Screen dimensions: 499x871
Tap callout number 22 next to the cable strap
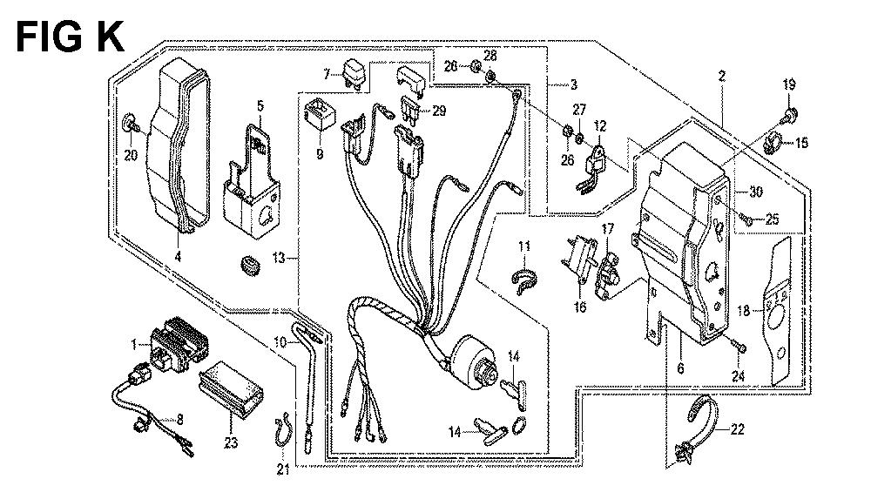737,428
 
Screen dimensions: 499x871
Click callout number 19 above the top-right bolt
789,85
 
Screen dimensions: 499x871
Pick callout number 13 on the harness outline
279,258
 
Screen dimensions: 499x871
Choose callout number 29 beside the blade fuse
438,111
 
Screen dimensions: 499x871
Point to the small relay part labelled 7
354,69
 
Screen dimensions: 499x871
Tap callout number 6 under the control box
679,369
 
